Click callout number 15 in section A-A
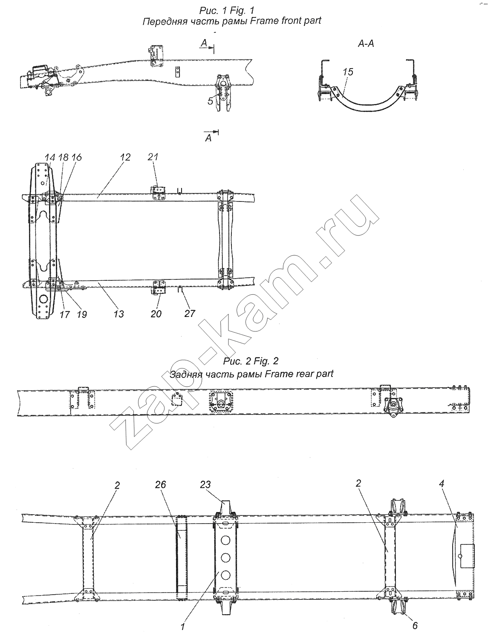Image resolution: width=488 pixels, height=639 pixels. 348,72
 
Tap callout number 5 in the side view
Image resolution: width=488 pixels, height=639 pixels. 211,101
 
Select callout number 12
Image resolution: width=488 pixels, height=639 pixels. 125,157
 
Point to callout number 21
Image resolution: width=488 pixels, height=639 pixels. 153,157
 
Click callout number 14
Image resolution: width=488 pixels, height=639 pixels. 50,158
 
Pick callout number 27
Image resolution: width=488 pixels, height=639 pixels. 190,314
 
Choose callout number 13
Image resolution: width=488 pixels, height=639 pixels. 119,314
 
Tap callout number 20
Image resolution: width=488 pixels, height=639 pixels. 156,314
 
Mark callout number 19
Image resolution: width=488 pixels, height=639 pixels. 82,314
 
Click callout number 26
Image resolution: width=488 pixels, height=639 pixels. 160,484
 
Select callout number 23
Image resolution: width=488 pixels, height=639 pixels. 205,484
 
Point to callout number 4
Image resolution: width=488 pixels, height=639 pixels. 442,484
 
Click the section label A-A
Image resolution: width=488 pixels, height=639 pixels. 366,44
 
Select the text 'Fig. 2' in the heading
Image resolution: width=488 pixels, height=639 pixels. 266,361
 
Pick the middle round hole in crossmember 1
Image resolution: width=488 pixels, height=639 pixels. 225,558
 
